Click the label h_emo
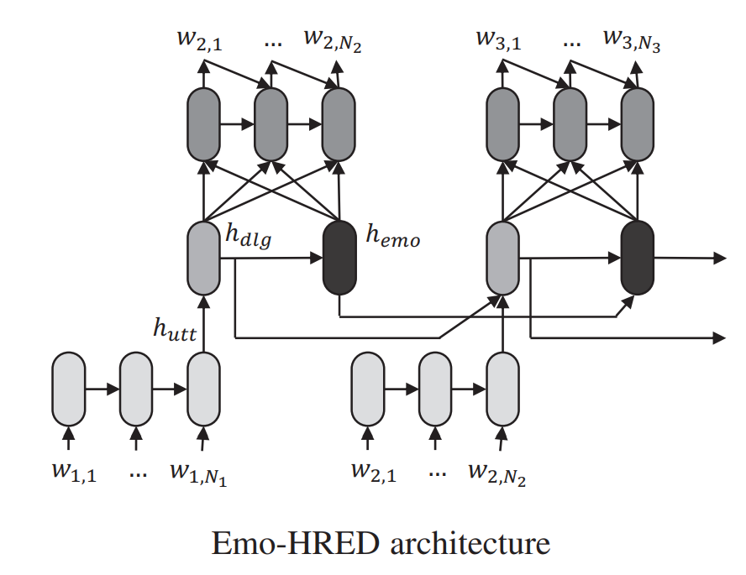coord(393,236)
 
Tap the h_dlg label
coord(248,235)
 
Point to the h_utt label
coord(175,329)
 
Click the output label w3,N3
coord(632,40)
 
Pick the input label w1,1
coord(74,472)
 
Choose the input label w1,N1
coord(198,473)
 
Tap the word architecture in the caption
coord(470,543)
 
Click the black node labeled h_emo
coord(339,258)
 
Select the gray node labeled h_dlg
coord(203,258)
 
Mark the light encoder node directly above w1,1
coord(69,389)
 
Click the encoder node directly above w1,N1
coord(203,389)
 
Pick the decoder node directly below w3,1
coord(503,124)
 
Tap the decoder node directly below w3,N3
coord(638,124)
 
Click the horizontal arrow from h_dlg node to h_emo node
coord(271,258)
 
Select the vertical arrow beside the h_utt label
coord(203,324)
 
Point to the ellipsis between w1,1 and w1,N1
coord(138,475)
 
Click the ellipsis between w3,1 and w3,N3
coord(571,44)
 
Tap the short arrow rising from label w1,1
coord(69,437)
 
